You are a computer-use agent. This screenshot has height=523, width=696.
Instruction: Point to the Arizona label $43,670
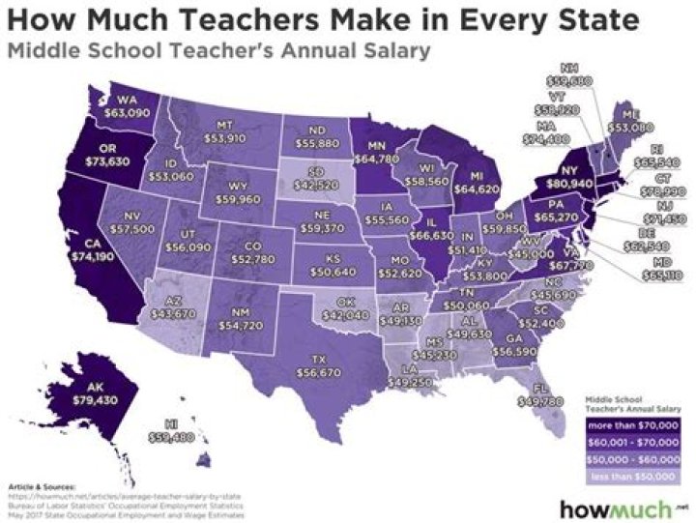167,306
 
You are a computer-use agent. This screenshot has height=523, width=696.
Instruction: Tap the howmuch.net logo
615,506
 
